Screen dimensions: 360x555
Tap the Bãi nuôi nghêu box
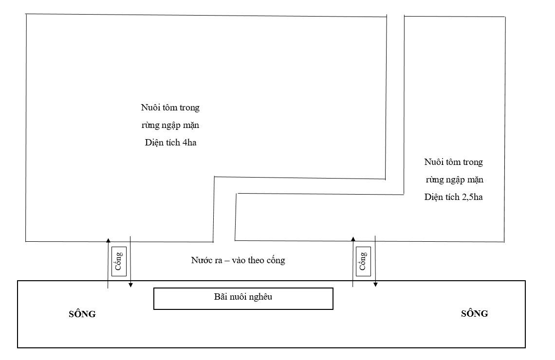pyautogui.click(x=243, y=298)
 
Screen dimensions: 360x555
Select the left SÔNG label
pyautogui.click(x=82, y=314)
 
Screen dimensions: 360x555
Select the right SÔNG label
pyautogui.click(x=474, y=314)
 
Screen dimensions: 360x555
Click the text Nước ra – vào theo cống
pyautogui.click(x=238, y=260)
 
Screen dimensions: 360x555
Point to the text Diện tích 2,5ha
pyautogui.click(x=453, y=197)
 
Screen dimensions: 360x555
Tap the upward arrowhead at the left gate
pyautogui.click(x=108, y=239)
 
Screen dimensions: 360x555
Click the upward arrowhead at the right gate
pyautogui.click(x=353, y=238)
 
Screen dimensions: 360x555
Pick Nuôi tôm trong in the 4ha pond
pyautogui.click(x=169, y=108)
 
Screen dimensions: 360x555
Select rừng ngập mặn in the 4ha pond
pyautogui.click(x=169, y=126)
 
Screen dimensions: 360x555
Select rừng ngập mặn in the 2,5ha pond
pyautogui.click(x=454, y=180)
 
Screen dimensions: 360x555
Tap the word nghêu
pyautogui.click(x=260, y=297)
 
